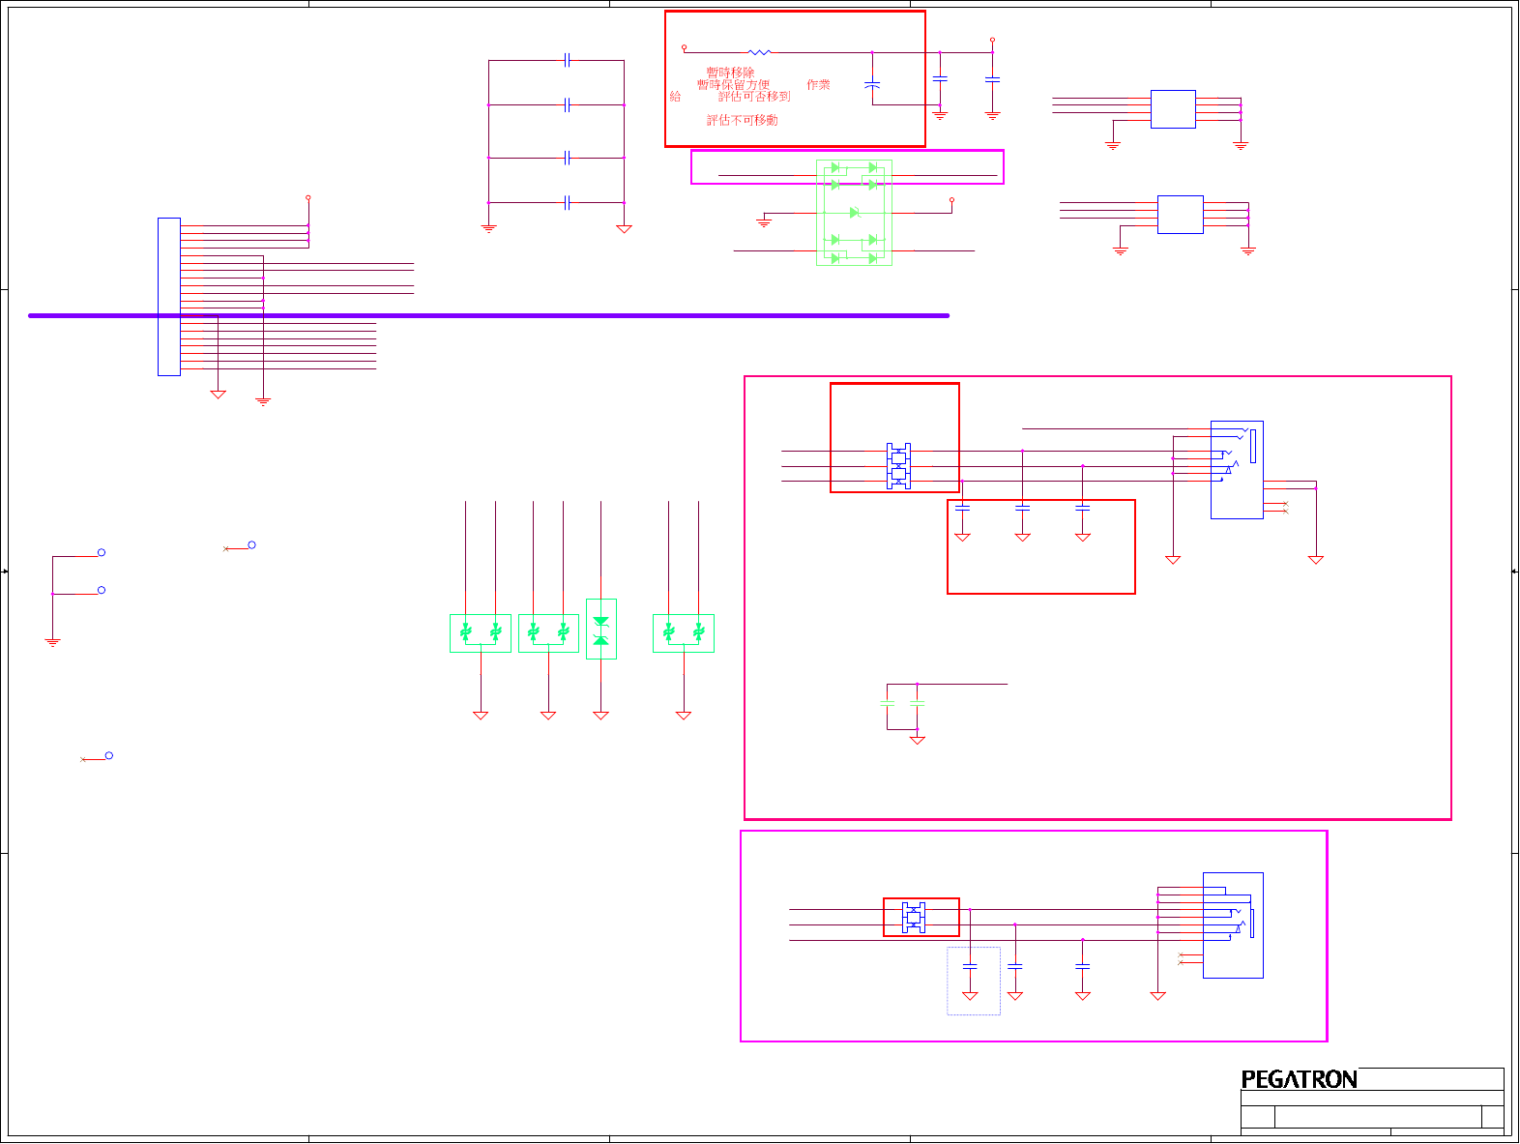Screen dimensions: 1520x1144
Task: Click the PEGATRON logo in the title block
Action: [x=1299, y=1079]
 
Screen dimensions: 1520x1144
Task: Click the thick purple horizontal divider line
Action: [x=488, y=315]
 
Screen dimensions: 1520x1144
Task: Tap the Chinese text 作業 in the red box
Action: [x=818, y=85]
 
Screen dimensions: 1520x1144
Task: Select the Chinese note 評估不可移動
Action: [x=742, y=120]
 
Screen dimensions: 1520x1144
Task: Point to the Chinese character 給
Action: [x=675, y=97]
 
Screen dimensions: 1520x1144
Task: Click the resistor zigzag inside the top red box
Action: [x=760, y=52]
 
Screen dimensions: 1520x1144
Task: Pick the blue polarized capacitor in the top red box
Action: [x=872, y=85]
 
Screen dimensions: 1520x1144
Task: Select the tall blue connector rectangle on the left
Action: [x=169, y=296]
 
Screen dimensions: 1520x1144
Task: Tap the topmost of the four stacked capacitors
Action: [x=567, y=60]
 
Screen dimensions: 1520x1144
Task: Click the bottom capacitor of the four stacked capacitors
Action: [x=567, y=202]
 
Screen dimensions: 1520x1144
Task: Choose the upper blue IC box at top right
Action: [x=1173, y=109]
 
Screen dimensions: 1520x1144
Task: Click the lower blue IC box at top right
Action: [x=1181, y=214]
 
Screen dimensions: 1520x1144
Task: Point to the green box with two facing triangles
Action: [x=600, y=629]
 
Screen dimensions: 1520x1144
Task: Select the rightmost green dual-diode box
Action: [x=684, y=633]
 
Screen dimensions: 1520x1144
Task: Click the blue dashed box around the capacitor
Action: [x=973, y=981]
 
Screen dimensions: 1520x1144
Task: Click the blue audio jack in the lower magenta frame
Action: [x=1233, y=924]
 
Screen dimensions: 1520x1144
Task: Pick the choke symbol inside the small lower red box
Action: [x=914, y=917]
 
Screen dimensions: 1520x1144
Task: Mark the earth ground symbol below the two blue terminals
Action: [x=53, y=641]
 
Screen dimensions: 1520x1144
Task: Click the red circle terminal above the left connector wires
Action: [x=308, y=197]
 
